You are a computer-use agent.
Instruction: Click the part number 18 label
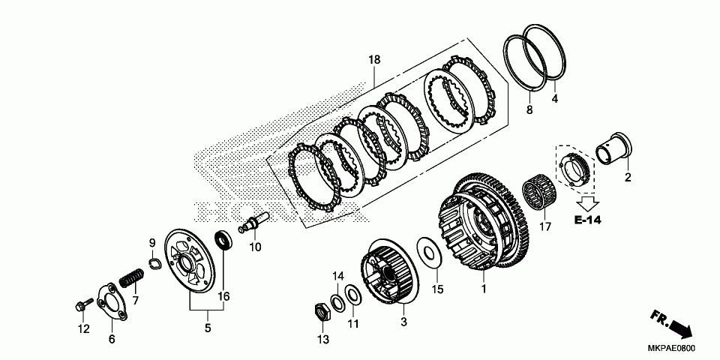[374, 59]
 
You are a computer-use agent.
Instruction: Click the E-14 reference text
[589, 220]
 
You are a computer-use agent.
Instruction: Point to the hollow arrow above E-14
[589, 201]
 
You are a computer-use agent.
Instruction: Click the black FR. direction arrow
[678, 328]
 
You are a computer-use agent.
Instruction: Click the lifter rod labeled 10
[256, 222]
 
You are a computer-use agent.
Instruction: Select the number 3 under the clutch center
[403, 322]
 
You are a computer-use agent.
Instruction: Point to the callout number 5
[208, 328]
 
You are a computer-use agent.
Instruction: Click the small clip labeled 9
[154, 263]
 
